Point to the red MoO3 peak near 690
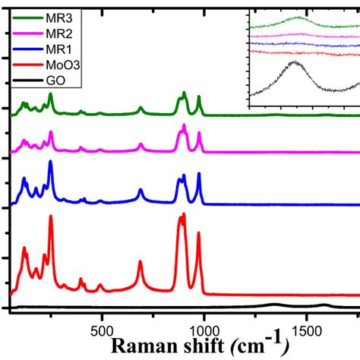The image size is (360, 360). (141, 262)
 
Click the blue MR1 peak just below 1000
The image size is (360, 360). (199, 175)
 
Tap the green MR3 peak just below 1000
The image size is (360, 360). (199, 98)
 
